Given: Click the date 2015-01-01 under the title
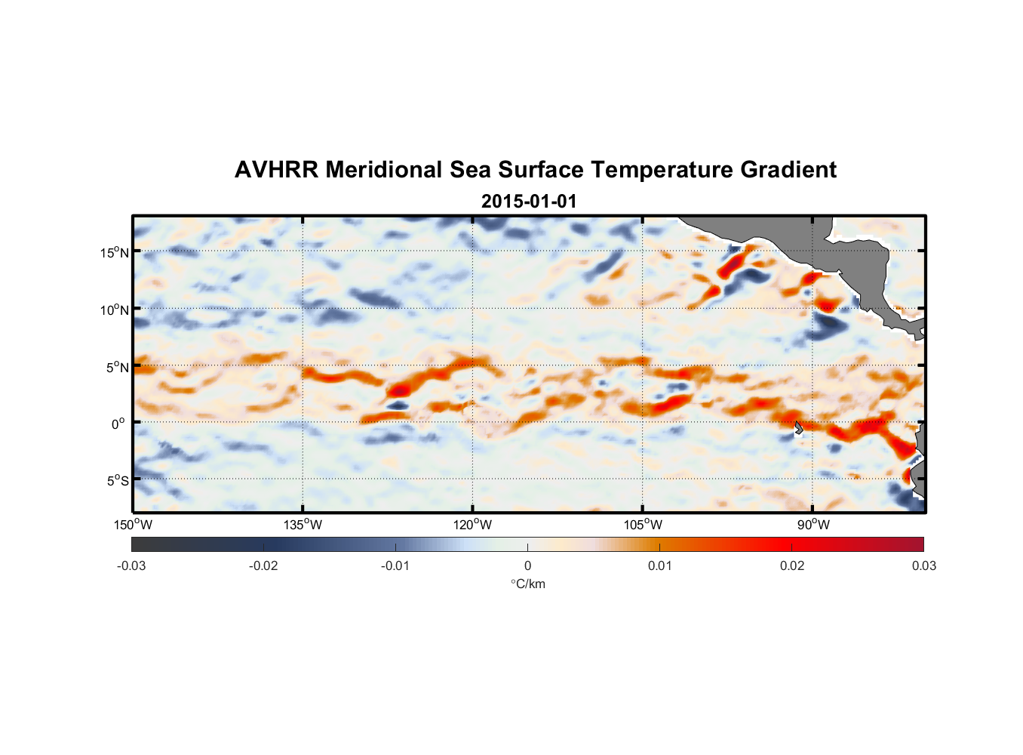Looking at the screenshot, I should pyautogui.click(x=529, y=202).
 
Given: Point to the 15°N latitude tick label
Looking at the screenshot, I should pyautogui.click(x=115, y=252).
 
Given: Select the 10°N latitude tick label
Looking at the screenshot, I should pyautogui.click(x=115, y=310).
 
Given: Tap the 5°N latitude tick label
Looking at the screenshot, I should pyautogui.click(x=117, y=368).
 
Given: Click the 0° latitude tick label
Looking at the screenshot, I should pyautogui.click(x=118, y=424).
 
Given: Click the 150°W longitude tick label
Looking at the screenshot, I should pyautogui.click(x=134, y=525).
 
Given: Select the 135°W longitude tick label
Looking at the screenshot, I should pyautogui.click(x=303, y=525).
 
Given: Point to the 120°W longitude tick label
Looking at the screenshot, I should pyautogui.click(x=473, y=525).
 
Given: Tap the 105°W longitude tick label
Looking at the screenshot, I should pyautogui.click(x=643, y=525).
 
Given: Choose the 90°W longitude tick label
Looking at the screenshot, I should pyautogui.click(x=813, y=525).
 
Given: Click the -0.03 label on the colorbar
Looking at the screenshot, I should pyautogui.click(x=131, y=565).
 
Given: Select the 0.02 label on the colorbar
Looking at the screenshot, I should pyautogui.click(x=792, y=565).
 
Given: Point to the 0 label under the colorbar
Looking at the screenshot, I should pyautogui.click(x=527, y=565).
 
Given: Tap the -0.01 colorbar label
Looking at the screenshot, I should pyautogui.click(x=395, y=565).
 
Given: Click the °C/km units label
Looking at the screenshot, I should pyautogui.click(x=527, y=584).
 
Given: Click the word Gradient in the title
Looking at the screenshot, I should pyautogui.click(x=788, y=170).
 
